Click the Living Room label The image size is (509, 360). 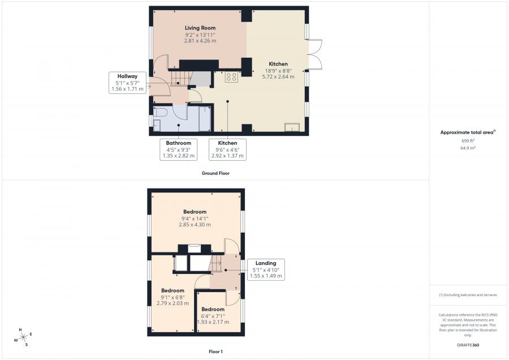(x=200, y=28)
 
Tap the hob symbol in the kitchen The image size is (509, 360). (x=231, y=76)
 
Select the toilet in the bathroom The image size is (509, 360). (x=159, y=113)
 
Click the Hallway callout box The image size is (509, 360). (x=127, y=83)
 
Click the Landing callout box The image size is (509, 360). (x=266, y=269)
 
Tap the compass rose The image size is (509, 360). (x=23, y=337)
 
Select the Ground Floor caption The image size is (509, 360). (x=215, y=173)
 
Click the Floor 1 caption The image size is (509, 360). (x=215, y=352)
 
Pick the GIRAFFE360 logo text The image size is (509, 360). (x=468, y=345)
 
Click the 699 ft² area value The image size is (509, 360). (x=468, y=141)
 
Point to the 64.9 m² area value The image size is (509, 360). (x=468, y=148)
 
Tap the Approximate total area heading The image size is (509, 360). (x=468, y=132)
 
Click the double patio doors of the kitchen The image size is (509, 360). (x=314, y=54)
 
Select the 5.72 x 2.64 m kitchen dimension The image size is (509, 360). (x=278, y=76)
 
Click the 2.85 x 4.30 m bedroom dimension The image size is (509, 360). (x=195, y=225)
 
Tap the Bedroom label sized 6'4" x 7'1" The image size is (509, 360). (x=213, y=309)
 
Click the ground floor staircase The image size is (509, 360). (x=179, y=79)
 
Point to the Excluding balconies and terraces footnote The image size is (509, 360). (x=468, y=295)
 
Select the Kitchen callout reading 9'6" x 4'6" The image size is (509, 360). (x=227, y=149)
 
